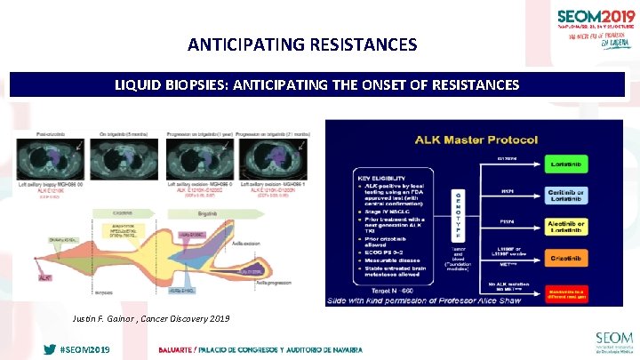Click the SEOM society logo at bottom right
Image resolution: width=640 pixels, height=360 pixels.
point(614,342)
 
